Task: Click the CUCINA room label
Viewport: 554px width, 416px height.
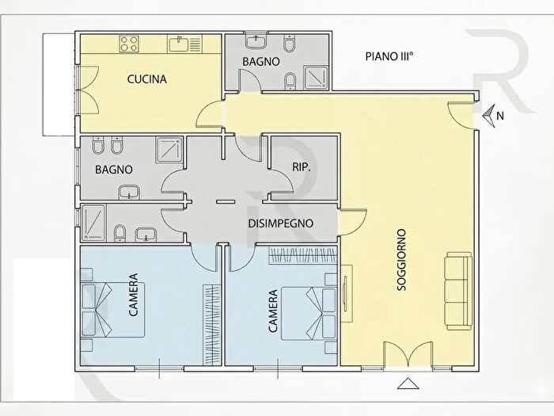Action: [x=146, y=79]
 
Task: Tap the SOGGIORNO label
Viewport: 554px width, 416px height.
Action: [x=402, y=260]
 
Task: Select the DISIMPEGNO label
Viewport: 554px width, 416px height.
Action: [x=280, y=223]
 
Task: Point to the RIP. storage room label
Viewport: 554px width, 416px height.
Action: [x=302, y=167]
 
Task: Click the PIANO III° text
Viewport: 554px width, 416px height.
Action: [x=389, y=56]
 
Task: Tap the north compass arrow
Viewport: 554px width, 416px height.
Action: [x=490, y=116]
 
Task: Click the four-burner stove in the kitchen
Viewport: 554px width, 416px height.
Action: [x=128, y=44]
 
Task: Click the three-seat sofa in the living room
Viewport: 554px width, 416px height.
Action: [x=459, y=291]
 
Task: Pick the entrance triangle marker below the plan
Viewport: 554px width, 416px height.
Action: [x=408, y=384]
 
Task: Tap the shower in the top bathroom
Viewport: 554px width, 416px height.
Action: [x=316, y=77]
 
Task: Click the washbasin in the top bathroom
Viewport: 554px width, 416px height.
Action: [x=256, y=42]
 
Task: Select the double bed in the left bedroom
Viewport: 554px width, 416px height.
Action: [x=112, y=310]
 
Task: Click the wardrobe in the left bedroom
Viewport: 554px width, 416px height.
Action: [x=211, y=324]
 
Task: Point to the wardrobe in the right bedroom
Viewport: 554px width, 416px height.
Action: [x=303, y=255]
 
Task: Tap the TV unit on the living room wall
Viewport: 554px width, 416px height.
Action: [x=347, y=293]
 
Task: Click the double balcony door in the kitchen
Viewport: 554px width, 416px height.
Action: [x=89, y=90]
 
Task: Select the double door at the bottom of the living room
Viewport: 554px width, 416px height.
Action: [x=408, y=354]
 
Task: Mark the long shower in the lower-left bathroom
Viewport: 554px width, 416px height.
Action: [x=93, y=223]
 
